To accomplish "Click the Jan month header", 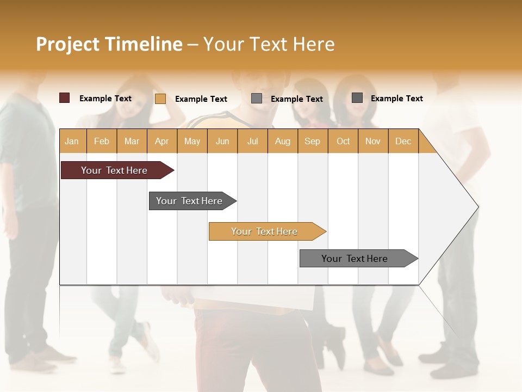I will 72,141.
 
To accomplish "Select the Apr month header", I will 162,141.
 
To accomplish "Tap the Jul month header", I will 252,141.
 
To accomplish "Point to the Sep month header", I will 313,141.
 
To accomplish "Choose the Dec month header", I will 403,141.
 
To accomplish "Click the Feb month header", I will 102,141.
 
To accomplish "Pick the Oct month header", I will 343,141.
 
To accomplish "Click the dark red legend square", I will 65,98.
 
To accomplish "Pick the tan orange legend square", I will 160,99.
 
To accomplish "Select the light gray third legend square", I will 257,99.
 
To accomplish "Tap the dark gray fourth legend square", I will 357,98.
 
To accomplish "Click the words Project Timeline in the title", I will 109,44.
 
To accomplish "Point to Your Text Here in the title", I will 269,44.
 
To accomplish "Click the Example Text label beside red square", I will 105,99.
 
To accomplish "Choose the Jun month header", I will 222,141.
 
